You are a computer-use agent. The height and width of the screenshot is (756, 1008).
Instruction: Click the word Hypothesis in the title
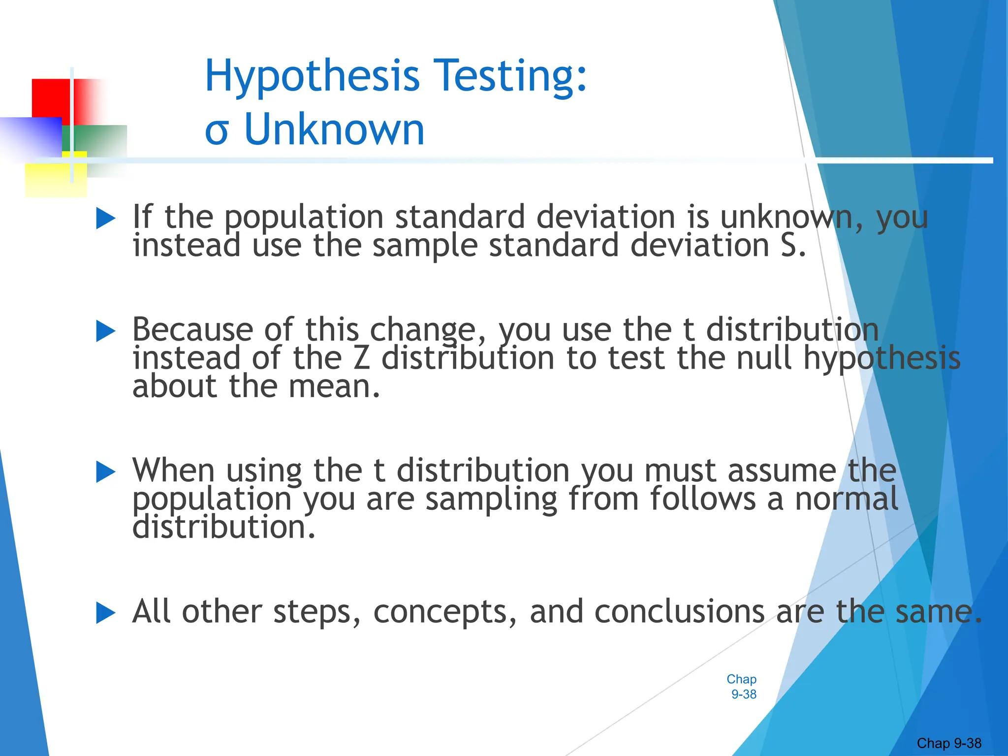[312, 76]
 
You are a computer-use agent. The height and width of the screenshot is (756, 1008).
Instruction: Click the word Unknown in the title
[334, 130]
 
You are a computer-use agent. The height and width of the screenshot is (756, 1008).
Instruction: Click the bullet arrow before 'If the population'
[106, 218]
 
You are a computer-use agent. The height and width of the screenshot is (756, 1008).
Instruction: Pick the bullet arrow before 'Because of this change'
[106, 331]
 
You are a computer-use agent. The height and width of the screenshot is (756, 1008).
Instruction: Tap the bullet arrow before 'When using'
[106, 472]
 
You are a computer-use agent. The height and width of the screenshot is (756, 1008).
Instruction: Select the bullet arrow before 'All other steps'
[106, 613]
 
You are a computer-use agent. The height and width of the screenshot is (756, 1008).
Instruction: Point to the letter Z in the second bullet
[361, 358]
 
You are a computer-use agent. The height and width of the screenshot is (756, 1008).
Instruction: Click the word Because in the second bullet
[192, 329]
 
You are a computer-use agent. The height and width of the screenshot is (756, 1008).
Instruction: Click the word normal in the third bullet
[847, 499]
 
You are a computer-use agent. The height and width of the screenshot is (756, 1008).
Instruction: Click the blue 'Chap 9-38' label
[742, 687]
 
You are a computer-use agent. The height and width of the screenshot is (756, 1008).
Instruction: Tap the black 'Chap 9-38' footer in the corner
[949, 743]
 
